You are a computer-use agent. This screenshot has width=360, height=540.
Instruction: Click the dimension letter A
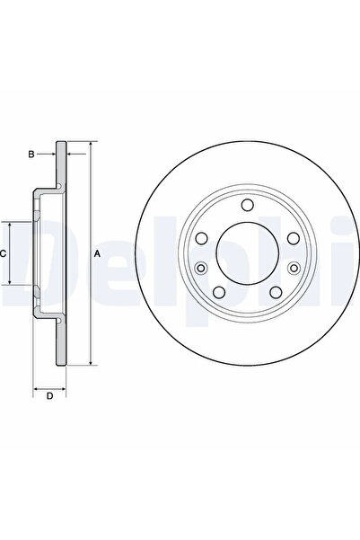[97, 254]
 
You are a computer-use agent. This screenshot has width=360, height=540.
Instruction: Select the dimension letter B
[31, 155]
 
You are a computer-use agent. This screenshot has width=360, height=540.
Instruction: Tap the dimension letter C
[4, 254]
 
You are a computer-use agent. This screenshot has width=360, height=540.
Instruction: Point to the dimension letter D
[50, 395]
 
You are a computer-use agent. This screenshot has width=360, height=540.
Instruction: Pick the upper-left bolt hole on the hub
[201, 237]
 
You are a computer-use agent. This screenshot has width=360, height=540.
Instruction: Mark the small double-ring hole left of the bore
[201, 269]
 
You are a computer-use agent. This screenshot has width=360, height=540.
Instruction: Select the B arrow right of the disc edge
[73, 155]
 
